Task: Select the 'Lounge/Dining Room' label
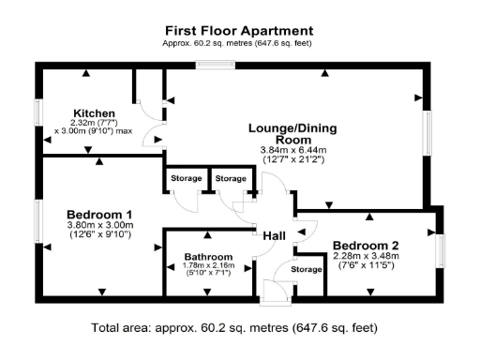coord(292,133)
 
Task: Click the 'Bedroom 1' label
coord(98,213)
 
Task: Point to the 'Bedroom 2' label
coord(366,246)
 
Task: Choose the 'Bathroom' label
coord(207,256)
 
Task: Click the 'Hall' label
coord(274,235)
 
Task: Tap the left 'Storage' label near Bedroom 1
coord(185,178)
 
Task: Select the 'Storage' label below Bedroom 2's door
coord(306,270)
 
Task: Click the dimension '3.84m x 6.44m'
coord(292,150)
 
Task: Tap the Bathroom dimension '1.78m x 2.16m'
coord(207,266)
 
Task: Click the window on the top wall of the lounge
coord(215,65)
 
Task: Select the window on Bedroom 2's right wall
coord(441,247)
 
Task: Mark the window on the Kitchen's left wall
coord(38,112)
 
